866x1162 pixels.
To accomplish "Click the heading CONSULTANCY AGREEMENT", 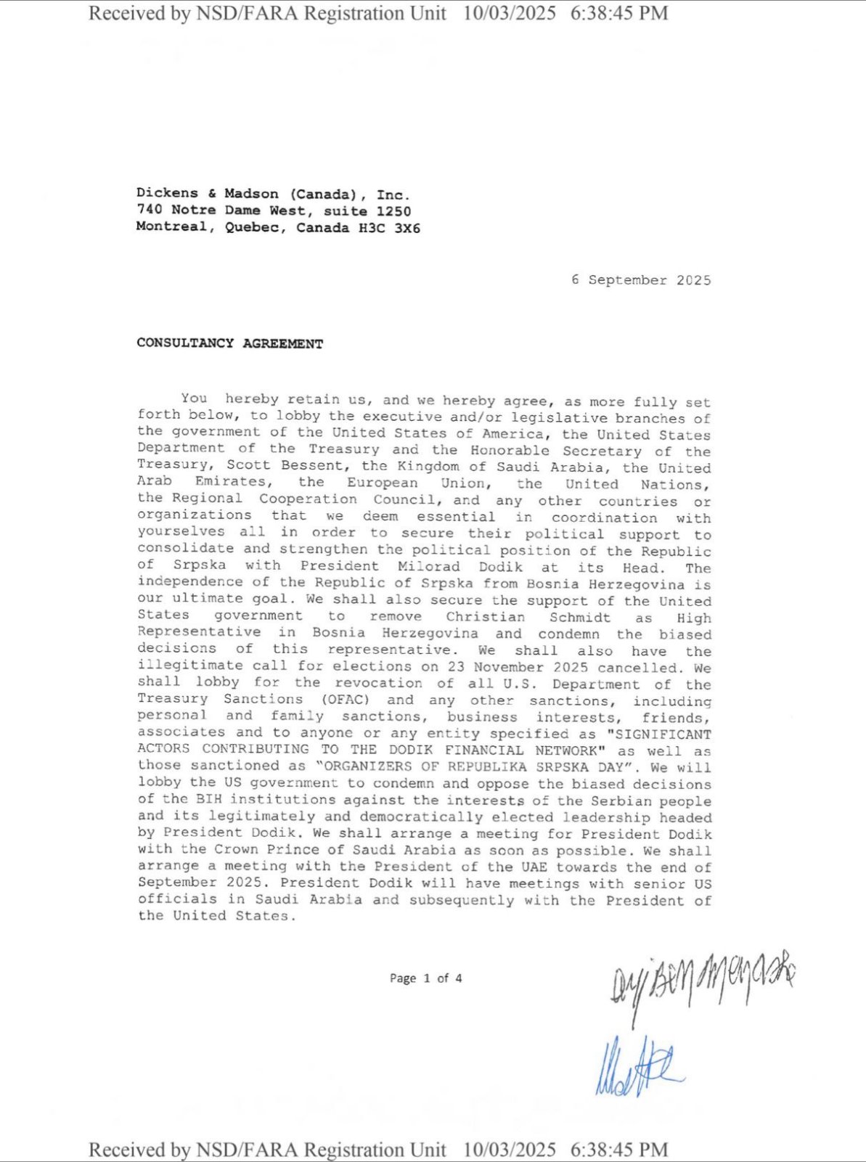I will click(x=229, y=343).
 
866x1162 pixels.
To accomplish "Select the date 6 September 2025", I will click(x=641, y=280).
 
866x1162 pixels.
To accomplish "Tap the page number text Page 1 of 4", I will click(x=425, y=978).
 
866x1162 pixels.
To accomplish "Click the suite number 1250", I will click(x=393, y=211).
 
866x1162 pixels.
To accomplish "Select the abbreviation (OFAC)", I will click(x=346, y=700).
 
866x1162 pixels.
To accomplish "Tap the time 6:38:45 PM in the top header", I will click(x=619, y=13).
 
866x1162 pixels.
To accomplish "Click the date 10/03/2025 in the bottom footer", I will click(x=510, y=1150).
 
